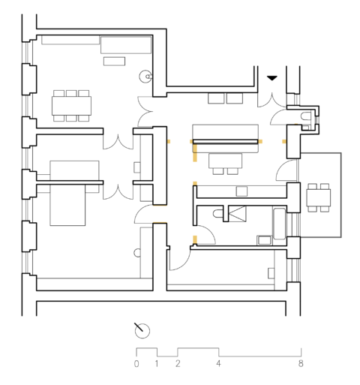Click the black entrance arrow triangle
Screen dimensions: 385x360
[x=271, y=78]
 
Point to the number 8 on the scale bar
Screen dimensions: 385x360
[x=301, y=364]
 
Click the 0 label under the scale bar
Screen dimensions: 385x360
[x=136, y=364]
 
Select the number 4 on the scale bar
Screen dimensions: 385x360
[x=218, y=364]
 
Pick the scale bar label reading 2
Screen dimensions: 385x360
[x=178, y=364]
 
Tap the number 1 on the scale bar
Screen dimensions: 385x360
[x=157, y=364]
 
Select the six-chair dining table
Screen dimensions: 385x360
[x=72, y=106]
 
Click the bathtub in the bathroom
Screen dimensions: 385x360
[x=279, y=225]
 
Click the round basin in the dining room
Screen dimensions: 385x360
[x=146, y=76]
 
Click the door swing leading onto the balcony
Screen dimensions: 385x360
[x=287, y=170]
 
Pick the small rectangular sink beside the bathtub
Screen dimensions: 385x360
[x=263, y=240]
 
